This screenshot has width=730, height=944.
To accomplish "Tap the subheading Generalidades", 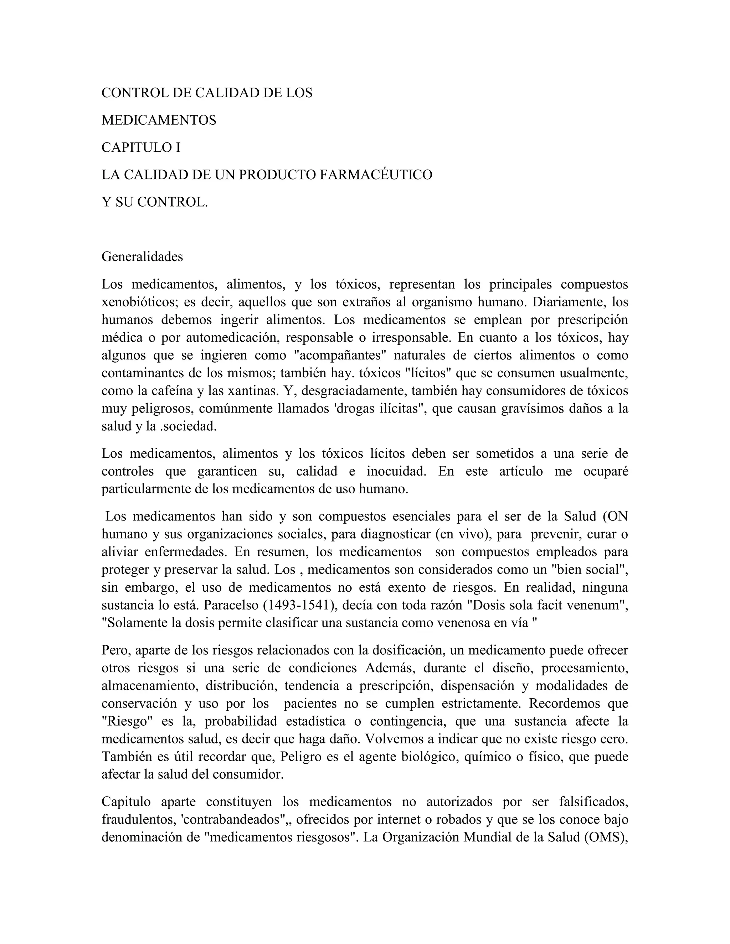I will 142,257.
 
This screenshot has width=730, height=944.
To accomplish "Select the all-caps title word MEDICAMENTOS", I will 159,120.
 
